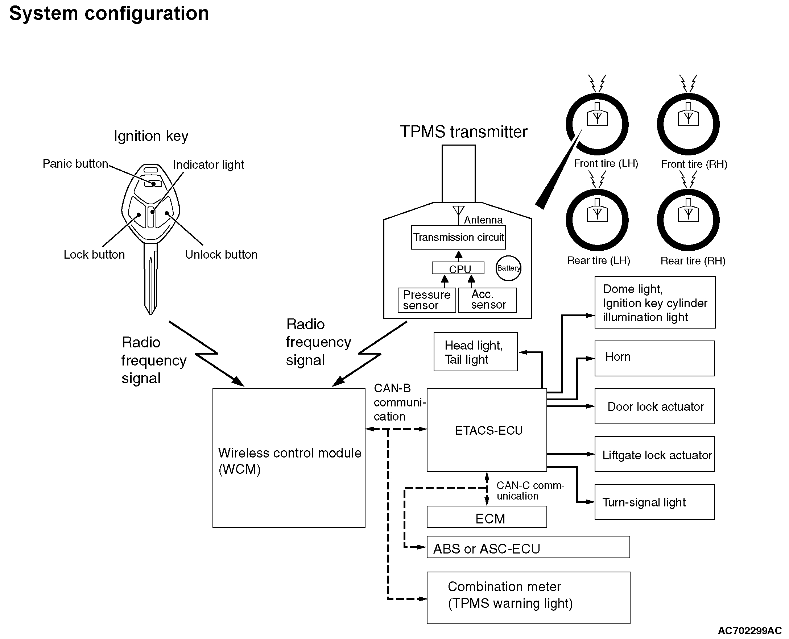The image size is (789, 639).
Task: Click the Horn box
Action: pos(654,358)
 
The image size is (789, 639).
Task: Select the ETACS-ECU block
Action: pos(487,430)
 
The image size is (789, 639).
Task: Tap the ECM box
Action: pos(487,517)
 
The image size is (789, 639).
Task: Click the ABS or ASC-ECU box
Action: pos(528,547)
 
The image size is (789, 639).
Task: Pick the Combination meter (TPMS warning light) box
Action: pos(528,598)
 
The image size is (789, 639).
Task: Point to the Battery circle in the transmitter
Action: pos(508,268)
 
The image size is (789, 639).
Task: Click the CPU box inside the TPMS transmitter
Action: pos(458,268)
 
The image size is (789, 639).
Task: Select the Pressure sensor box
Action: pos(426,300)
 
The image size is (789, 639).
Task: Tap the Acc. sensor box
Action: pos(487,300)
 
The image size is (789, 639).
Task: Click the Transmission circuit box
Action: pos(458,237)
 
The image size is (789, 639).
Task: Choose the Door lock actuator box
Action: pos(654,406)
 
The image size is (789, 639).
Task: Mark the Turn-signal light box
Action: pos(654,502)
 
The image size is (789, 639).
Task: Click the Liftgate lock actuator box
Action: pos(654,454)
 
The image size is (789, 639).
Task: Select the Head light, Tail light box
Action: pos(475,352)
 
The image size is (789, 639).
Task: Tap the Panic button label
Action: pos(75,164)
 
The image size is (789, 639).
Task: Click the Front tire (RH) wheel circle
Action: pos(688,124)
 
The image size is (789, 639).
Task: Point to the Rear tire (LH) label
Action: pos(598,260)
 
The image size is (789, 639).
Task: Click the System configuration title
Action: pos(109,14)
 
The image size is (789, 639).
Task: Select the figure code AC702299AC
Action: pos(749,631)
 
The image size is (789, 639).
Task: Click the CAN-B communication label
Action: pos(399,402)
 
